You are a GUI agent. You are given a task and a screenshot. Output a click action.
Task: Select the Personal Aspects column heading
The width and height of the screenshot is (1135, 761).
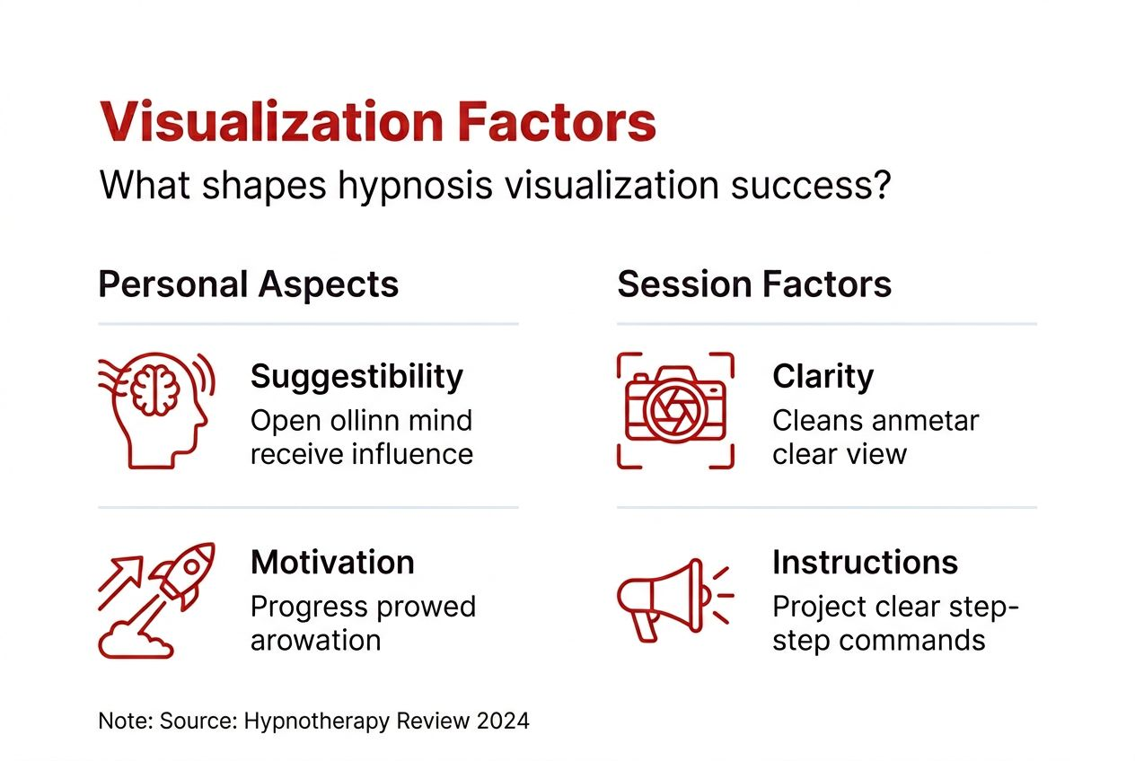pyautogui.click(x=249, y=284)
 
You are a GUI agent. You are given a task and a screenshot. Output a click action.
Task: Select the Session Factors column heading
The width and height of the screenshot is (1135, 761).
pyautogui.click(x=754, y=284)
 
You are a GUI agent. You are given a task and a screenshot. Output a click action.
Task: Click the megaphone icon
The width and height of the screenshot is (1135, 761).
pyautogui.click(x=669, y=597)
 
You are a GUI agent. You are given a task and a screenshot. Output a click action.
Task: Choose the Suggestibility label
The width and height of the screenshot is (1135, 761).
pyautogui.click(x=356, y=376)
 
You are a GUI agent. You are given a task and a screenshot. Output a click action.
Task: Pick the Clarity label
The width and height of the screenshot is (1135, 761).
pyautogui.click(x=823, y=376)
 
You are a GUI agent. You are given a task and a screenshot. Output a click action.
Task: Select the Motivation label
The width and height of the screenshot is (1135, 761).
pyautogui.click(x=332, y=563)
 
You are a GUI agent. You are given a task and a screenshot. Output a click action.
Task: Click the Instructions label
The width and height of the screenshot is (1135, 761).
pyautogui.click(x=865, y=563)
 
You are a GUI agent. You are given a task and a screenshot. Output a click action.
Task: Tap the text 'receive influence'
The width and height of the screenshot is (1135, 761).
pyautogui.click(x=361, y=454)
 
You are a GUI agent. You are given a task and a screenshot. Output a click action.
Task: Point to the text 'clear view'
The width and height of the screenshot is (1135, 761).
pyautogui.click(x=840, y=454)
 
